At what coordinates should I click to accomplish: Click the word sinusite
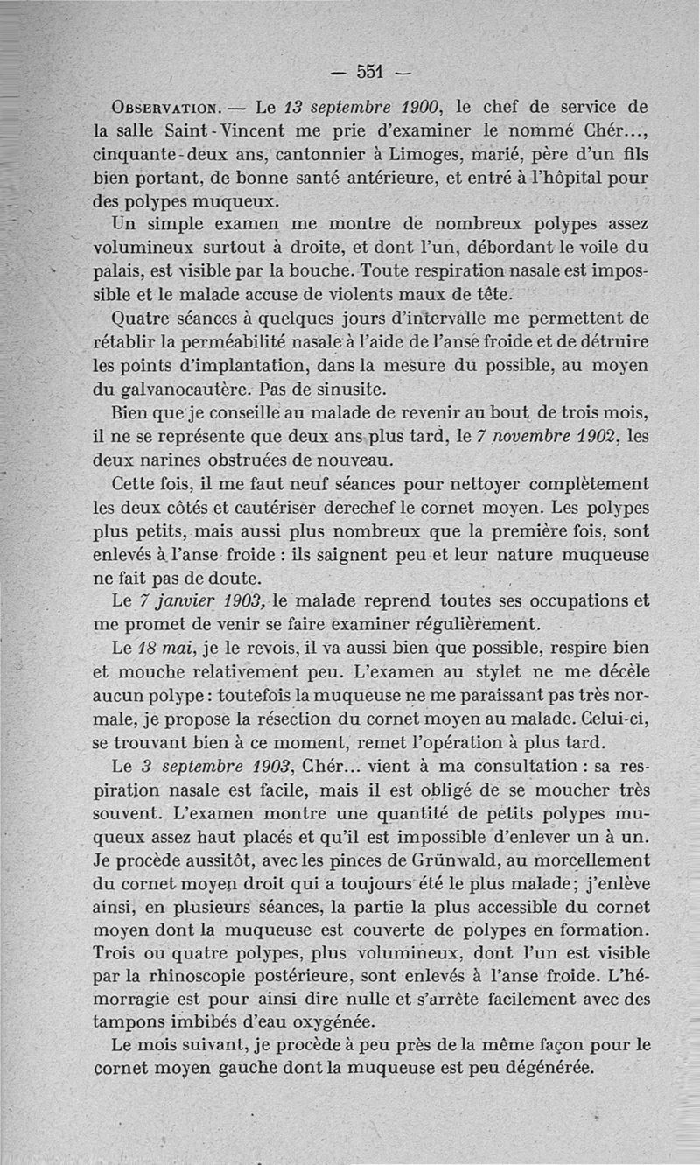pyautogui.click(x=367, y=386)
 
